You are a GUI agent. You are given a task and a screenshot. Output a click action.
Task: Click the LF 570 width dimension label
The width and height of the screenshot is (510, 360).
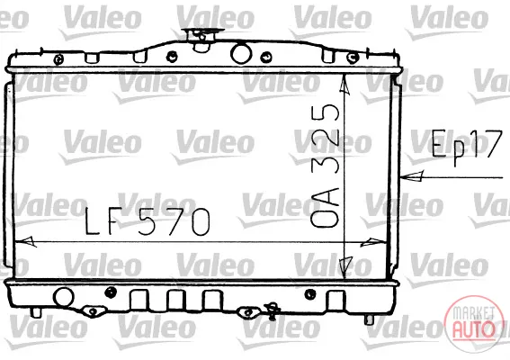[x=148, y=221]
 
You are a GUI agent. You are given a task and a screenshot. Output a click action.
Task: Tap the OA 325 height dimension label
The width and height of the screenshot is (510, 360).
[x=325, y=166]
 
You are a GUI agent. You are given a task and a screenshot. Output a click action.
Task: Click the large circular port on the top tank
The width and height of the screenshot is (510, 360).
[x=241, y=53]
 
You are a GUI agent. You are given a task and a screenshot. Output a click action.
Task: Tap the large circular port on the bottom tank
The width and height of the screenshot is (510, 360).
[x=64, y=297]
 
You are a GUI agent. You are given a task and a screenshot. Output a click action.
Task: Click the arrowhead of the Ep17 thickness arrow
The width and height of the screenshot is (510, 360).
[x=412, y=176]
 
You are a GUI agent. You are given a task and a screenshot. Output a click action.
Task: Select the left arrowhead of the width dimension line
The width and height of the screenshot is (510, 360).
[x=25, y=241]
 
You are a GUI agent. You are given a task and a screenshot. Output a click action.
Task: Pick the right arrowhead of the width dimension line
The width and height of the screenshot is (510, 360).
[x=374, y=242]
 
